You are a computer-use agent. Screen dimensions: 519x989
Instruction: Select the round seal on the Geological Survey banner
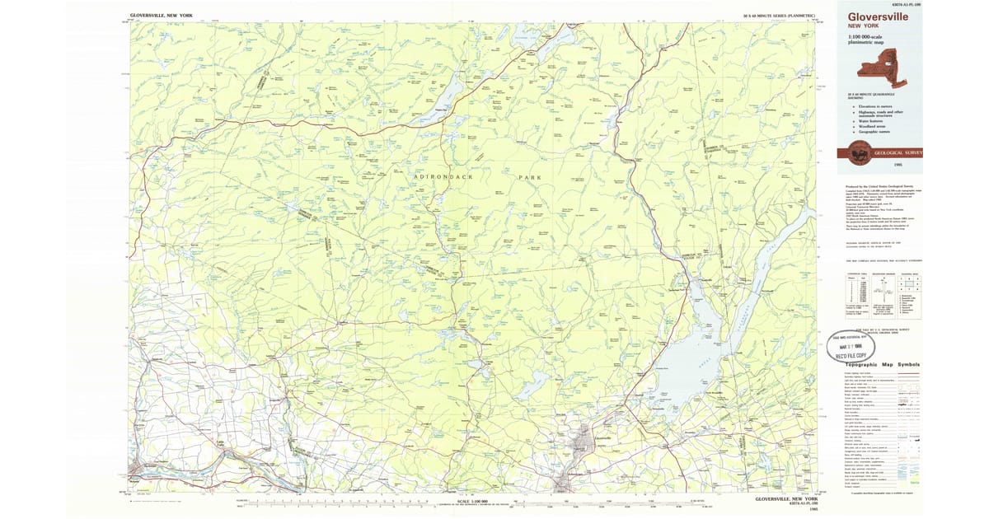(x=857, y=152)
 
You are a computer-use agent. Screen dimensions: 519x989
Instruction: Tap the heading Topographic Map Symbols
(x=873, y=364)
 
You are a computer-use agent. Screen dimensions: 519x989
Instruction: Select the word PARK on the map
(x=527, y=177)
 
